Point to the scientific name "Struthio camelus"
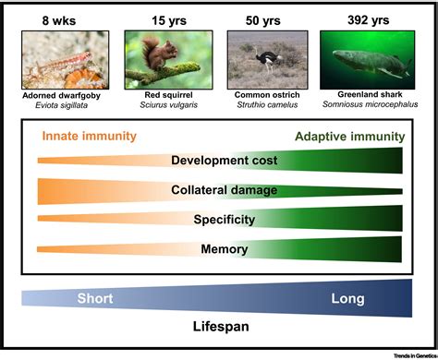pyautogui.click(x=267, y=105)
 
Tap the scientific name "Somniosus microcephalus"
pyautogui.click(x=367, y=105)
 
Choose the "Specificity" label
pyautogui.click(x=220, y=220)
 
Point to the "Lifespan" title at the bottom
pyautogui.click(x=220, y=325)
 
